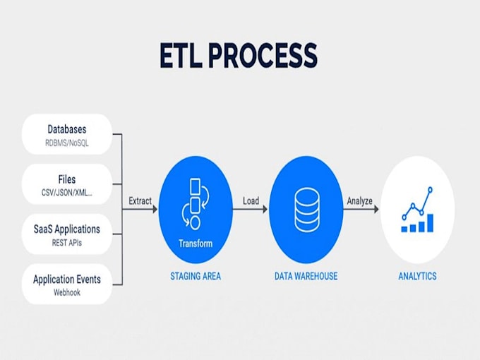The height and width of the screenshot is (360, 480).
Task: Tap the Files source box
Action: click(67, 184)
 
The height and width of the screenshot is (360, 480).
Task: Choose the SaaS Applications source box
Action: click(67, 234)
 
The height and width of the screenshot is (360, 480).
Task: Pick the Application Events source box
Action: click(67, 284)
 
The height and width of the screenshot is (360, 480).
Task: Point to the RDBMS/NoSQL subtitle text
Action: click(67, 143)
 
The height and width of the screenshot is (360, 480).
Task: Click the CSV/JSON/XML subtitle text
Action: click(67, 193)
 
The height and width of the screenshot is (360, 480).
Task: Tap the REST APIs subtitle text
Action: click(67, 243)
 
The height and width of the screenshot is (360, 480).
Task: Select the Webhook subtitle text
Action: click(67, 292)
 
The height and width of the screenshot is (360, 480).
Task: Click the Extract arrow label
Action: click(140, 201)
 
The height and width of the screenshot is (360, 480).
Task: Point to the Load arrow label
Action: click(251, 201)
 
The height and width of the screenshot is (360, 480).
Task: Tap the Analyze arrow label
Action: click(359, 201)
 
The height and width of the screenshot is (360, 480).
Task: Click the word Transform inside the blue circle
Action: click(196, 244)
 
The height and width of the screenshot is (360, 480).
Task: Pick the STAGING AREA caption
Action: click(196, 276)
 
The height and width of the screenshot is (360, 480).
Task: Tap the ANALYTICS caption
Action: click(416, 276)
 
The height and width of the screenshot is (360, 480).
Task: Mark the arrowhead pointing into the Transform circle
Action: click(155, 210)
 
